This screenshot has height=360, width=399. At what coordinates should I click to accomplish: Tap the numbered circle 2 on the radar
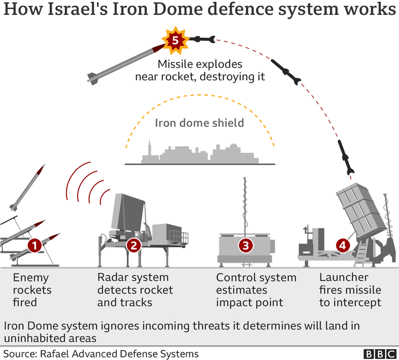133,244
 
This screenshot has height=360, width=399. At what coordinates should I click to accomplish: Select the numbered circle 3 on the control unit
245,244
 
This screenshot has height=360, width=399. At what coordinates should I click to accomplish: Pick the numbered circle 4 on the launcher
343,244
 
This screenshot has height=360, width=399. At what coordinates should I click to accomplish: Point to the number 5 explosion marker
175,40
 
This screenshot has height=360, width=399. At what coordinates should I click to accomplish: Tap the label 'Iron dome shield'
199,123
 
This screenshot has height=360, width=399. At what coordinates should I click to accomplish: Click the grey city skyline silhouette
199,154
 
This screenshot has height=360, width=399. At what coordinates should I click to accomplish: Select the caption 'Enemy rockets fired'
31,290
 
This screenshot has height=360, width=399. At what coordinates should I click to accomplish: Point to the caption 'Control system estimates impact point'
256,290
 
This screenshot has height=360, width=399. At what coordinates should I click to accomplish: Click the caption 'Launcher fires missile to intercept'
350,290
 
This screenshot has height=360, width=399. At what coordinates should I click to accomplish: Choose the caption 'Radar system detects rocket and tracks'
135,290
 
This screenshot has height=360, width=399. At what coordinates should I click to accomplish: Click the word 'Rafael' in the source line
54,353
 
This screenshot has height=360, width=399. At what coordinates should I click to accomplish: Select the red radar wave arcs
87,183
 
